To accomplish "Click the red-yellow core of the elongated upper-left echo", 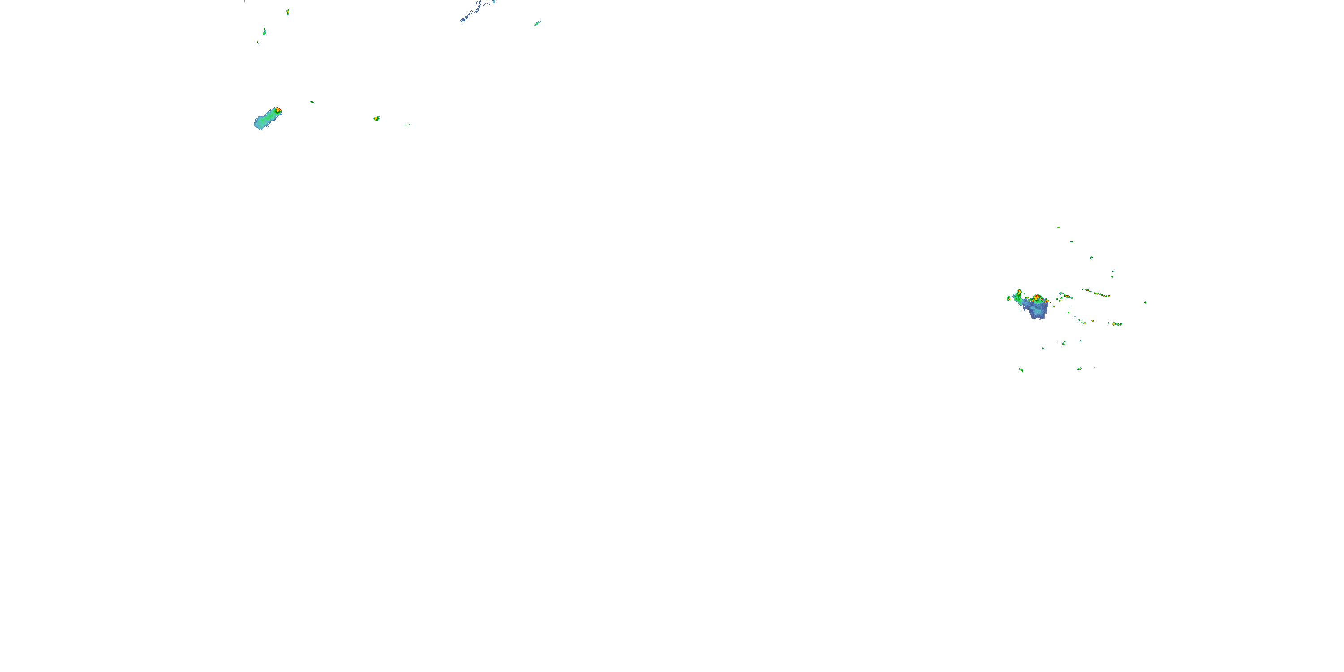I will click(278, 110).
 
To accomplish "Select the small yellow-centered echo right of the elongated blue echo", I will click(376, 118).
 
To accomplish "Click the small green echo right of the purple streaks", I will click(538, 23).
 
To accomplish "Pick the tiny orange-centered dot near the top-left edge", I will click(288, 12).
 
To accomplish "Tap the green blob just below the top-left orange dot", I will click(264, 31).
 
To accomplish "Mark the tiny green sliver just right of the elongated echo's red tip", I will click(312, 102).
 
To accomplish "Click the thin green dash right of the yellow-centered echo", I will click(408, 125).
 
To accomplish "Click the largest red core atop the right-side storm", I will click(1037, 298).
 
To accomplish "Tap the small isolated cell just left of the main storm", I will click(1008, 298).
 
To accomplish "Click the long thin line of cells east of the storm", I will click(1096, 293).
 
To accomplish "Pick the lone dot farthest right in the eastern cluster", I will click(1145, 302).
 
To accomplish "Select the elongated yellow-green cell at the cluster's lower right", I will click(1116, 324).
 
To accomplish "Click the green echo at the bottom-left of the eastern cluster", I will click(1021, 370).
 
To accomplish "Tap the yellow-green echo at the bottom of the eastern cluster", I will click(1080, 369).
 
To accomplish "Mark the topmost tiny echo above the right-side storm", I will click(1058, 228).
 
